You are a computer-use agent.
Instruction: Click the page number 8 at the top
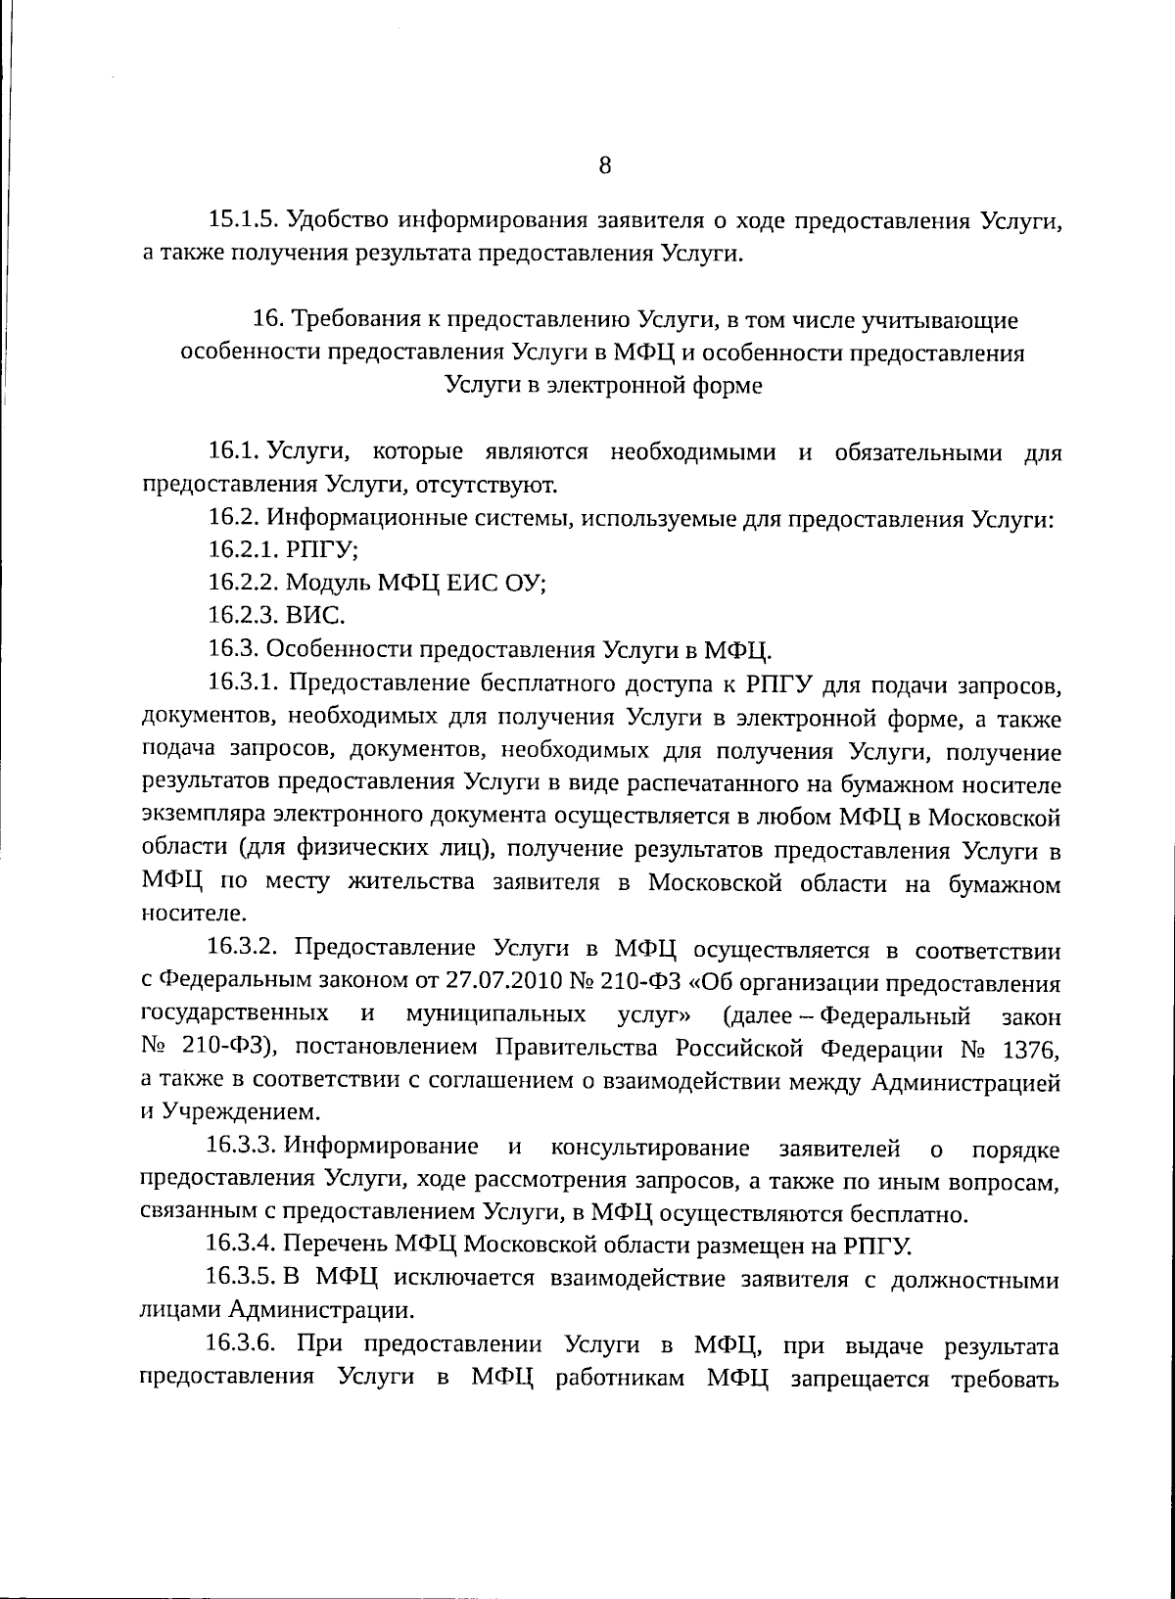[604, 165]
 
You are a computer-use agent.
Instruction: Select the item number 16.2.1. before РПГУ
[244, 551]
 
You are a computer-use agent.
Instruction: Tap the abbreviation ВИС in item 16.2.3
[314, 616]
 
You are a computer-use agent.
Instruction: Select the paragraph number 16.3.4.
[243, 1245]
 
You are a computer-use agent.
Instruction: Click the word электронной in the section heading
[615, 386]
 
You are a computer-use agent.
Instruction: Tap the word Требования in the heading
[349, 319]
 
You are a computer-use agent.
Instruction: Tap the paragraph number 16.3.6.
[244, 1344]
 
